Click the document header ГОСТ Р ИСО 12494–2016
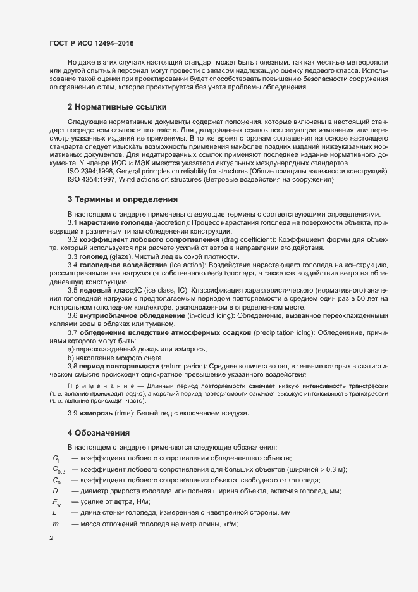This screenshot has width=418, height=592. point(91,44)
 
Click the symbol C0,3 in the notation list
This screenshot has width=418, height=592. point(59,469)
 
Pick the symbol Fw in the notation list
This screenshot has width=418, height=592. point(57,501)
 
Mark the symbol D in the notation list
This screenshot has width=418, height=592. point(56,490)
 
